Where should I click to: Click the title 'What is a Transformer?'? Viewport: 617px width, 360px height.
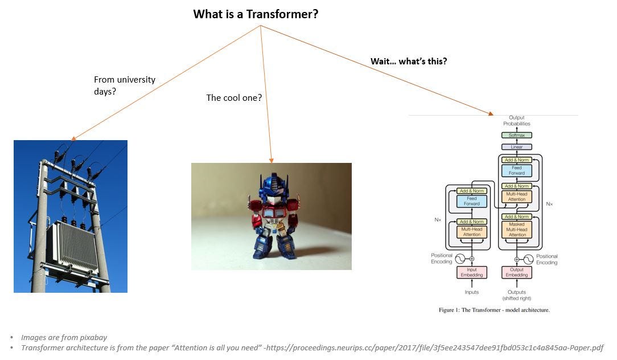(256, 14)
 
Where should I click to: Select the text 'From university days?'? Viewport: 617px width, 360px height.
(124, 85)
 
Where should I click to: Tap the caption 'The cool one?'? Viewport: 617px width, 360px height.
(234, 97)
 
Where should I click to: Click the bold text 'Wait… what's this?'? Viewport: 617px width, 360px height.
(409, 62)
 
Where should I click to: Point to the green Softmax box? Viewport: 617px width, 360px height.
(516, 135)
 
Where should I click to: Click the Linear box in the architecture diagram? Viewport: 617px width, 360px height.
(516, 147)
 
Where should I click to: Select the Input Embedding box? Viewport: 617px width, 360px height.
(471, 272)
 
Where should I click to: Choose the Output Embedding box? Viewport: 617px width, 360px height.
(516, 272)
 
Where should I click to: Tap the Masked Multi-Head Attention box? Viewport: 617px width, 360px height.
(517, 230)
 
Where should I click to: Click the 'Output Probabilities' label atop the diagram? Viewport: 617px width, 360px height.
(516, 121)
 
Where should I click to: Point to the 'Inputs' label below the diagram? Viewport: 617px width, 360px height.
(471, 292)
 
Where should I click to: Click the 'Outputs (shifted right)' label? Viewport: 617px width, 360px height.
(516, 295)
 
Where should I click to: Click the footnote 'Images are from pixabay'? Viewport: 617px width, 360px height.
(64, 337)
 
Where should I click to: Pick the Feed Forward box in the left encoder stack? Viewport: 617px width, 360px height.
(471, 201)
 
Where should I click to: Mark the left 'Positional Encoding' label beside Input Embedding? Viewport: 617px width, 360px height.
(442, 259)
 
